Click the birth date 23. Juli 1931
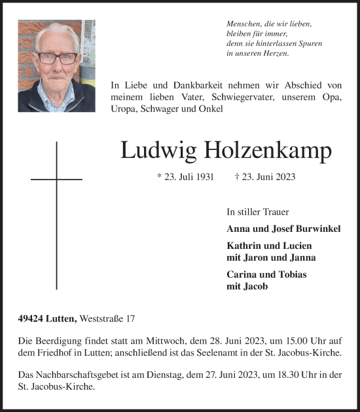(x=186, y=177)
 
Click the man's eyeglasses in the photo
(x=56, y=58)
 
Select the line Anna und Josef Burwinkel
(x=283, y=229)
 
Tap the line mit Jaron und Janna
(x=270, y=257)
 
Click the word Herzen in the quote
(x=274, y=53)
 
